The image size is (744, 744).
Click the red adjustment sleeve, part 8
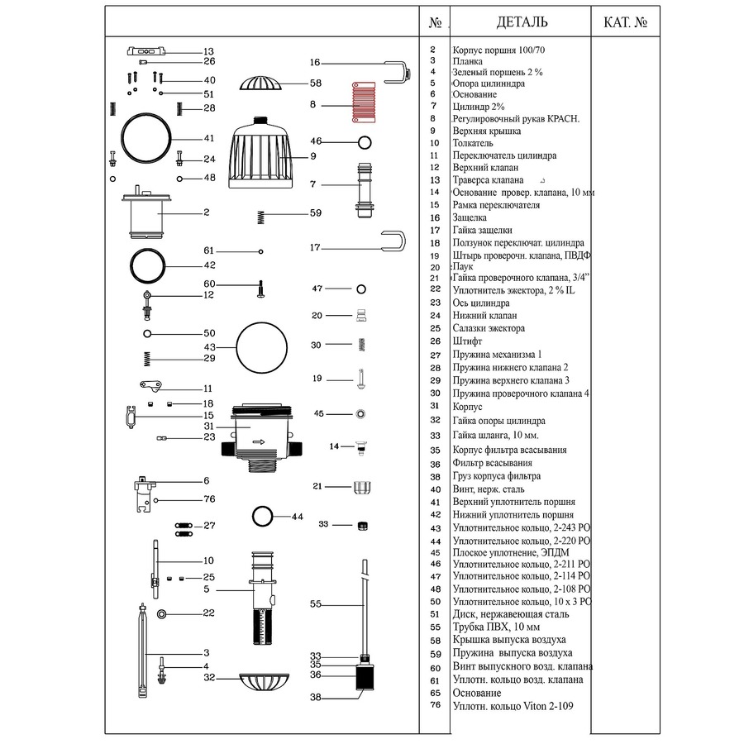pyautogui.click(x=364, y=102)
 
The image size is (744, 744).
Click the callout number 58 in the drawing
pyautogui.click(x=316, y=83)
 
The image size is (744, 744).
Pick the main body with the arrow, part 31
pyautogui.click(x=261, y=437)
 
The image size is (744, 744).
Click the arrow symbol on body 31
pyautogui.click(x=259, y=442)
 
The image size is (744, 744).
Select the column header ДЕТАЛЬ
pyautogui.click(x=522, y=21)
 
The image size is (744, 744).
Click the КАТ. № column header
pyautogui.click(x=626, y=22)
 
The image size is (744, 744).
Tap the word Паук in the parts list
pyautogui.click(x=463, y=266)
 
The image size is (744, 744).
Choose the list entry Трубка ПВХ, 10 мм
pyautogui.click(x=496, y=627)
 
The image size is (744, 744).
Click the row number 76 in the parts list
pyautogui.click(x=436, y=704)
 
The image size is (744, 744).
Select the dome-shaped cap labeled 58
pyautogui.click(x=260, y=83)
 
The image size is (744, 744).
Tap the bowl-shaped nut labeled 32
pyautogui.click(x=264, y=682)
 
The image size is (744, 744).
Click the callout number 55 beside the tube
pyautogui.click(x=316, y=604)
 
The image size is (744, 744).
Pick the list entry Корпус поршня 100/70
pyautogui.click(x=498, y=50)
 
